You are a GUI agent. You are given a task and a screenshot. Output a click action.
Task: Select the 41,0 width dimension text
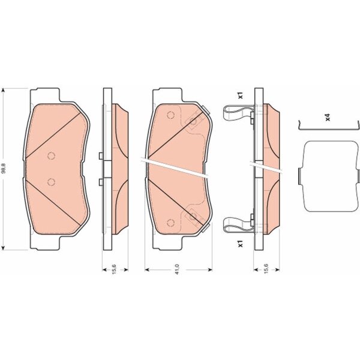[x=177, y=269]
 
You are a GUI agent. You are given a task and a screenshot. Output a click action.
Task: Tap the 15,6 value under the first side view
[x=115, y=269]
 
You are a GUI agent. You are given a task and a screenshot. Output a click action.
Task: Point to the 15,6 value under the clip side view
[x=266, y=269]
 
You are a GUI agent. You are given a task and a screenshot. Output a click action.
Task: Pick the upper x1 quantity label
[x=240, y=95]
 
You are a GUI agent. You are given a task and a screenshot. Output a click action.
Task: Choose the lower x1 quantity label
[x=240, y=244]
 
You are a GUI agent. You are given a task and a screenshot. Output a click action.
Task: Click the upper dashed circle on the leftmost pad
[x=51, y=156]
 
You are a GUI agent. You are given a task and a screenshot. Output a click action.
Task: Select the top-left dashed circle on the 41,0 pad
[x=171, y=115]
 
